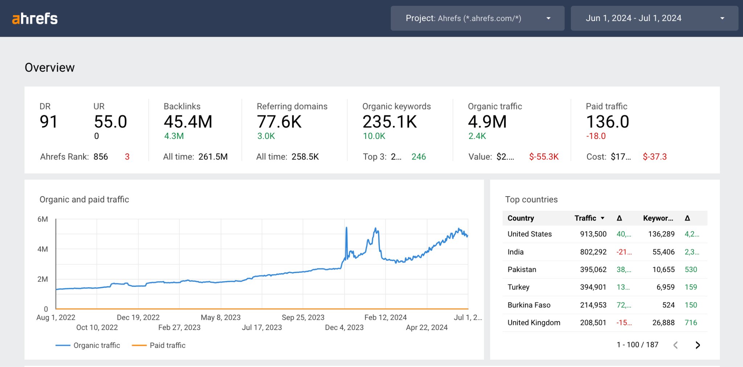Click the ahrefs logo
[x=35, y=18]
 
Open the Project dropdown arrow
[x=548, y=18]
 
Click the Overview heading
[x=50, y=67]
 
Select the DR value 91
[x=49, y=121]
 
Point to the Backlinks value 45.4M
[x=188, y=121]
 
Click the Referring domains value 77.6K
[x=279, y=121]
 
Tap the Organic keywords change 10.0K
[x=374, y=136]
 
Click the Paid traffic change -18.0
[x=596, y=136]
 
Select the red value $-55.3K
[x=543, y=157]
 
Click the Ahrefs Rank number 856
[x=100, y=157]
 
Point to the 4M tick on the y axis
[x=42, y=249]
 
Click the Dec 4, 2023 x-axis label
[x=344, y=327]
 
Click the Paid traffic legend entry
[x=167, y=345]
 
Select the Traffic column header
[x=585, y=218]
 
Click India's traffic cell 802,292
[x=593, y=252]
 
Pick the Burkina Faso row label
[x=529, y=305]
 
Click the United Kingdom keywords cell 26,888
[x=663, y=322]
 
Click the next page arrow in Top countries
[x=697, y=345]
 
